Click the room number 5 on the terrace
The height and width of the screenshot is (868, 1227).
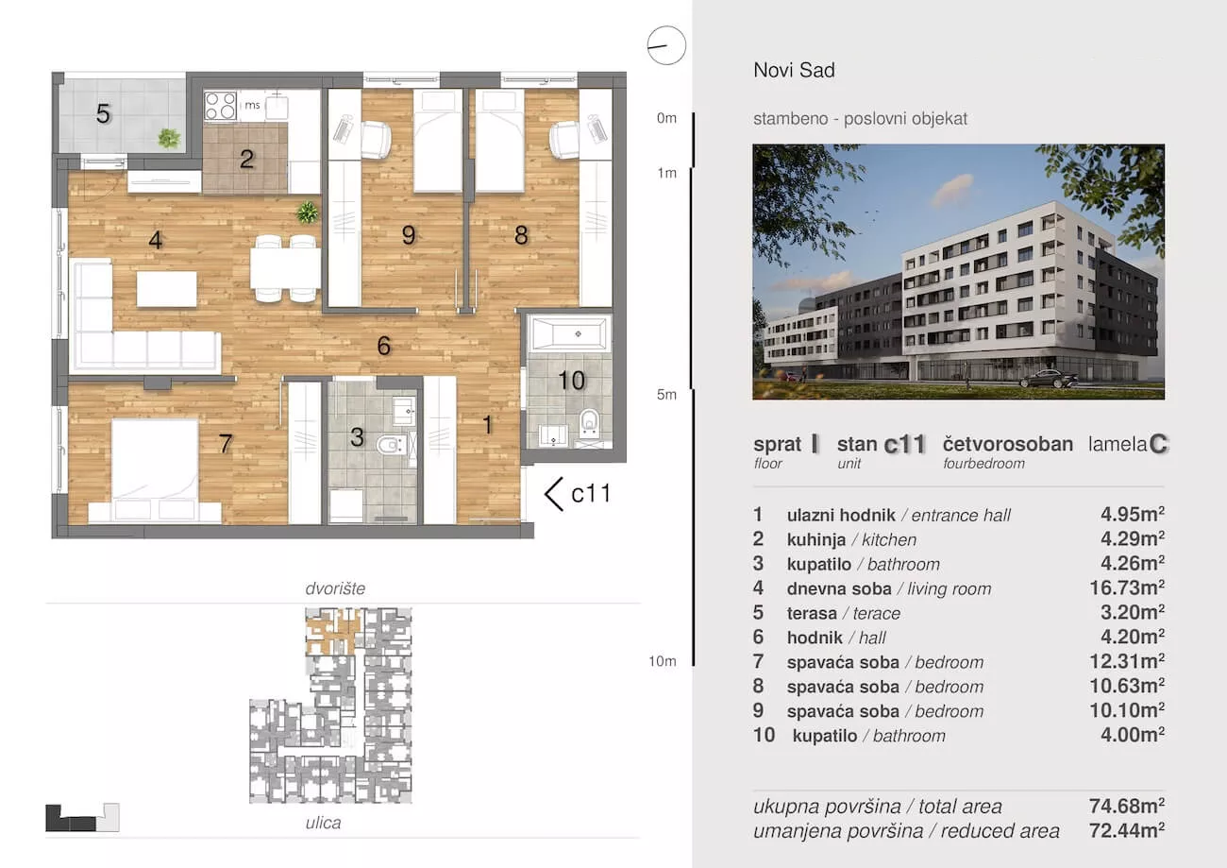click(103, 113)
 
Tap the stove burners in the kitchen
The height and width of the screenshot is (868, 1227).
click(220, 105)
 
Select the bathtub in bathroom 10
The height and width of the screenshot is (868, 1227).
click(570, 332)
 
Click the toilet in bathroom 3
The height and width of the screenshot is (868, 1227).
click(391, 445)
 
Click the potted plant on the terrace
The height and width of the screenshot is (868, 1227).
click(169, 138)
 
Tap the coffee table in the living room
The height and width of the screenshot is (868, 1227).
click(166, 289)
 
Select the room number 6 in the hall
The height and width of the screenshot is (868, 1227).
click(383, 346)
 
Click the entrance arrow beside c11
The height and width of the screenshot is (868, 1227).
click(554, 494)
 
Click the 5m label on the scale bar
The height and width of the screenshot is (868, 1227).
click(666, 395)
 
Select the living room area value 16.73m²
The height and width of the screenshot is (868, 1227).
click(1127, 587)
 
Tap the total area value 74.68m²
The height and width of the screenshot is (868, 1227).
click(1127, 806)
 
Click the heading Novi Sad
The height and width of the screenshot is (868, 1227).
click(795, 70)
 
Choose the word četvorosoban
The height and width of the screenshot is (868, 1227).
click(1008, 444)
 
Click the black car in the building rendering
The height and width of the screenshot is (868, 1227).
click(1049, 378)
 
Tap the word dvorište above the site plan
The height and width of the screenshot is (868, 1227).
click(335, 588)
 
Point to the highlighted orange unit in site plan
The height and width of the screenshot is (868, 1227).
click(331, 631)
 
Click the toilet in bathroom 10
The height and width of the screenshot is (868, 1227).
click(589, 421)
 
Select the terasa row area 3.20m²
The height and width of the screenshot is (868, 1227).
click(1133, 612)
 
